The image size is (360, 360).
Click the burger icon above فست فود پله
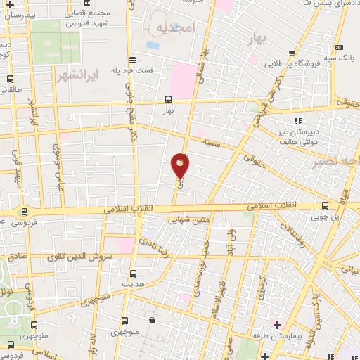tap(133, 59)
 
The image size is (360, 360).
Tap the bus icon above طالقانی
tap(10, 79)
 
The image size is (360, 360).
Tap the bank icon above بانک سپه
tap(342, 46)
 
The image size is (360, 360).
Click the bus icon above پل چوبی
tap(324, 206)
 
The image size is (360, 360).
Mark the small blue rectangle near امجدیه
tap(153, 46)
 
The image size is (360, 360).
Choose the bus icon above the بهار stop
tap(167, 99)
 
